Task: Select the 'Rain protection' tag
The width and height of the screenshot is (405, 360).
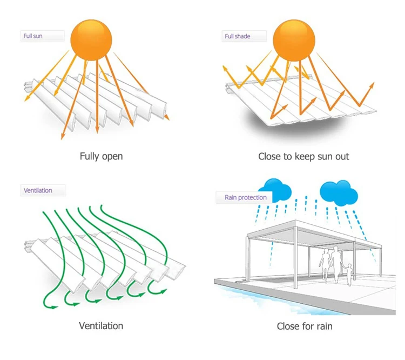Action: coord(245,197)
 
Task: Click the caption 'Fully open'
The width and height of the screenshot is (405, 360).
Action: coord(101,156)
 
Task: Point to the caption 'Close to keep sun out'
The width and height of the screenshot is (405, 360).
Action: coord(303,156)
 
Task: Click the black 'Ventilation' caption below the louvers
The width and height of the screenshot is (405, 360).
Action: coord(101,326)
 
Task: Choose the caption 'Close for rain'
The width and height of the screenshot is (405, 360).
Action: coord(305,326)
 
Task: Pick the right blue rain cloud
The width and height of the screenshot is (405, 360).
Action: coord(339,191)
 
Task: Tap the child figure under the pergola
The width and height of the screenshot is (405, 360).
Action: coord(349,273)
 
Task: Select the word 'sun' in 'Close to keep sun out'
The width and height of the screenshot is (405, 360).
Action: coord(324,156)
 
